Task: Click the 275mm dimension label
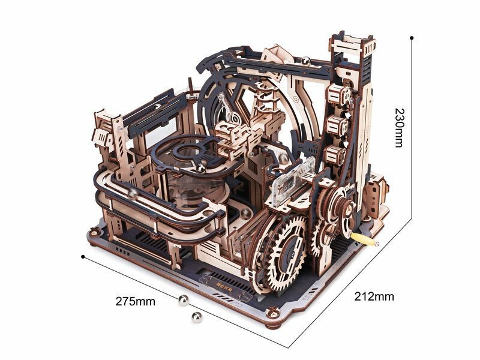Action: (x=136, y=301)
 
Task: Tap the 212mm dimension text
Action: (x=374, y=296)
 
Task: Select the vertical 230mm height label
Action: (x=399, y=127)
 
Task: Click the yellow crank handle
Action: (x=363, y=239)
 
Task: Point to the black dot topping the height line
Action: (x=412, y=38)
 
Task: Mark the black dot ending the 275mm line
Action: (x=83, y=257)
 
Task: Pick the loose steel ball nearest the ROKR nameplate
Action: (x=184, y=301)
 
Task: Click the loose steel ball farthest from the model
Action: (x=197, y=317)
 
